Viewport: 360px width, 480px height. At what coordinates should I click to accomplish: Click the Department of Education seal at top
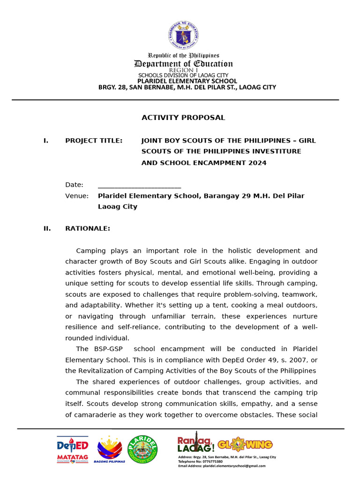coord(183,35)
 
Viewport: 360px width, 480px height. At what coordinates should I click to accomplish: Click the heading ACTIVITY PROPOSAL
coord(183,118)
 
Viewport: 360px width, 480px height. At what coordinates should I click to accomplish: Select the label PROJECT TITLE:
coord(94,141)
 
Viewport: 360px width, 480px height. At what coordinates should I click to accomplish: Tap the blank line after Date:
coord(139,185)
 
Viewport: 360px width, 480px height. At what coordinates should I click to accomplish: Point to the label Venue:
coord(77,196)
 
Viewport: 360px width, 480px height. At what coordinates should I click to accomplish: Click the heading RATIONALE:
coord(88,229)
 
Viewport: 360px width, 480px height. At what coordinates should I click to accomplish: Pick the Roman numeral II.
coord(47,229)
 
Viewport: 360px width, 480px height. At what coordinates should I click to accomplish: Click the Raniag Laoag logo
coord(195,443)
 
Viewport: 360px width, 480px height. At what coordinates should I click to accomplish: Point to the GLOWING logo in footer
coord(245,444)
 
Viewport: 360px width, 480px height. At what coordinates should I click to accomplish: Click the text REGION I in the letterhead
coord(183,70)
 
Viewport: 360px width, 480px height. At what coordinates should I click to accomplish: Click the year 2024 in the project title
coord(257,163)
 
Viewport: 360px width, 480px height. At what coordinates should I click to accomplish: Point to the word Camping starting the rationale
coord(90,251)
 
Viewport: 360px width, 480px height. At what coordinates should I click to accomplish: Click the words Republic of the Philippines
coord(183,56)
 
